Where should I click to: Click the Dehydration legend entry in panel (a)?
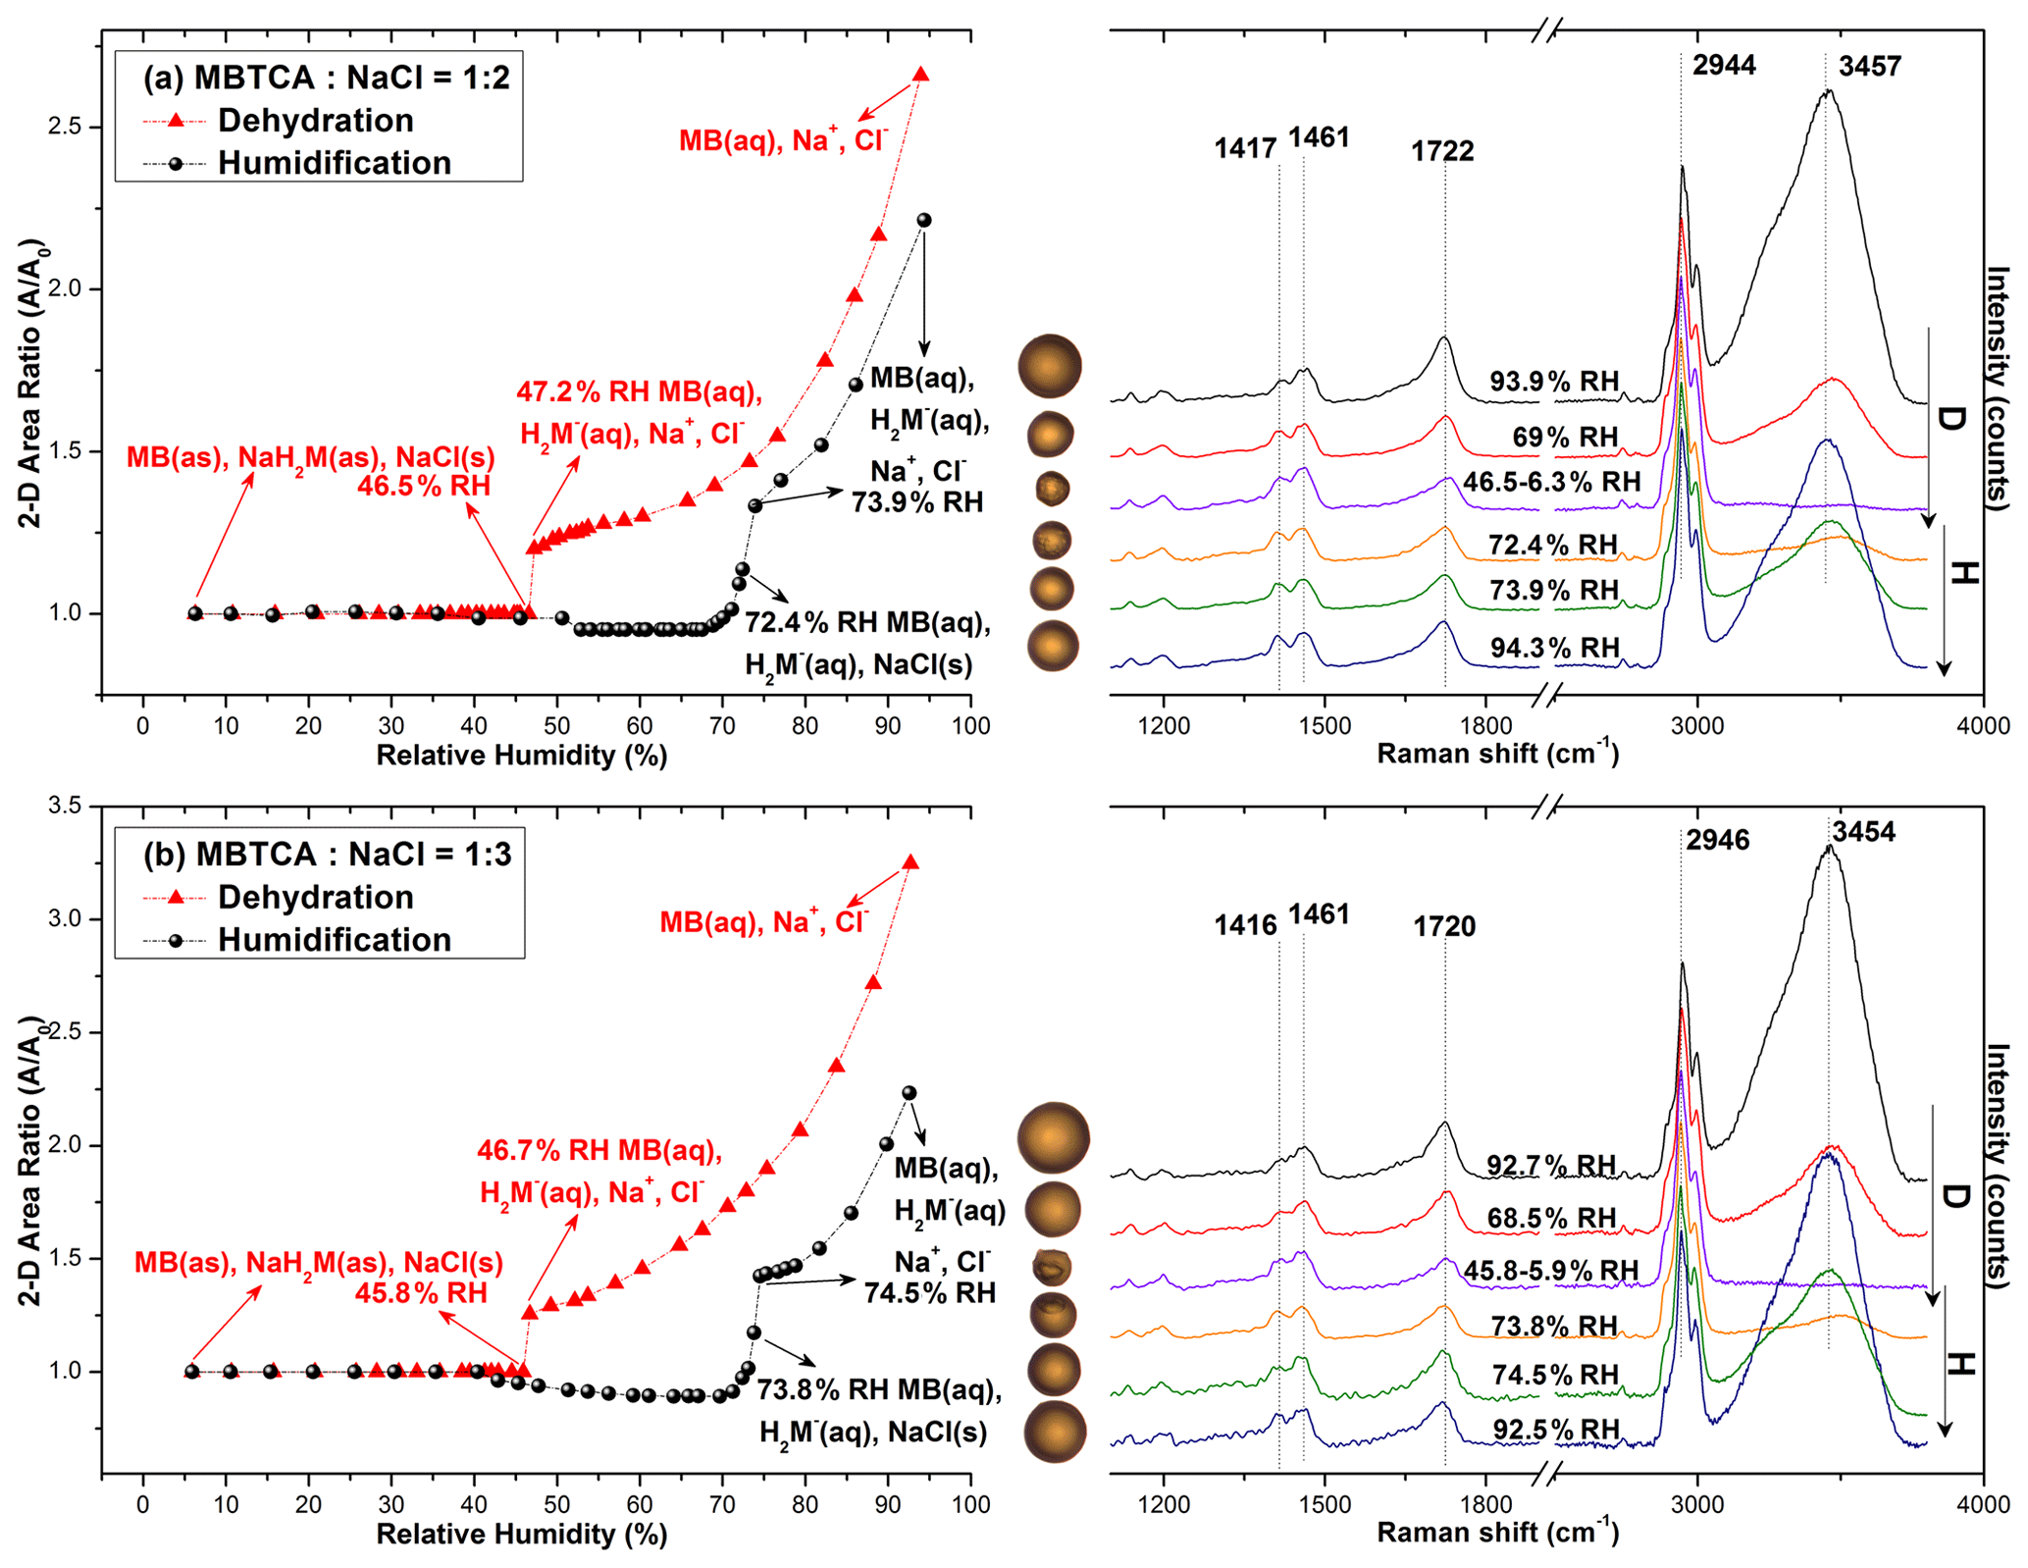click(315, 121)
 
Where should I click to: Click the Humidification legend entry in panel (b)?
click(334, 940)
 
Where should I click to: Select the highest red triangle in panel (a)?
click(920, 75)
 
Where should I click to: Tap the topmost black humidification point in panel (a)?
click(923, 221)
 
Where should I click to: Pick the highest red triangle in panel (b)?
click(910, 862)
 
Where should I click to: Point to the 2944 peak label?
click(1724, 66)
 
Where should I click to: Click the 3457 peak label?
click(1869, 67)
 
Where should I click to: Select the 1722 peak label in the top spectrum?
click(1442, 151)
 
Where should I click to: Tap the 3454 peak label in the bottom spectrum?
click(1863, 832)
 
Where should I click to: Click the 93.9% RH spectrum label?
click(1554, 382)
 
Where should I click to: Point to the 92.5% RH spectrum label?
click(1556, 1430)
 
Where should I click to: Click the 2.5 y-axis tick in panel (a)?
click(66, 128)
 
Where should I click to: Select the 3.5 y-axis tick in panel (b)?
click(66, 807)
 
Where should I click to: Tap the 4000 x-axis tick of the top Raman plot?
click(1983, 726)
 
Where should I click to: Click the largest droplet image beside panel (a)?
click(1050, 366)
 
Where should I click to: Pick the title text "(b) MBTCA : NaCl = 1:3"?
click(328, 855)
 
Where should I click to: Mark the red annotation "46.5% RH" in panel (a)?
click(423, 487)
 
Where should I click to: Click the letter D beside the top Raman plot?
click(1951, 419)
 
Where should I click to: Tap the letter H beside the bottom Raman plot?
click(1958, 1364)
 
